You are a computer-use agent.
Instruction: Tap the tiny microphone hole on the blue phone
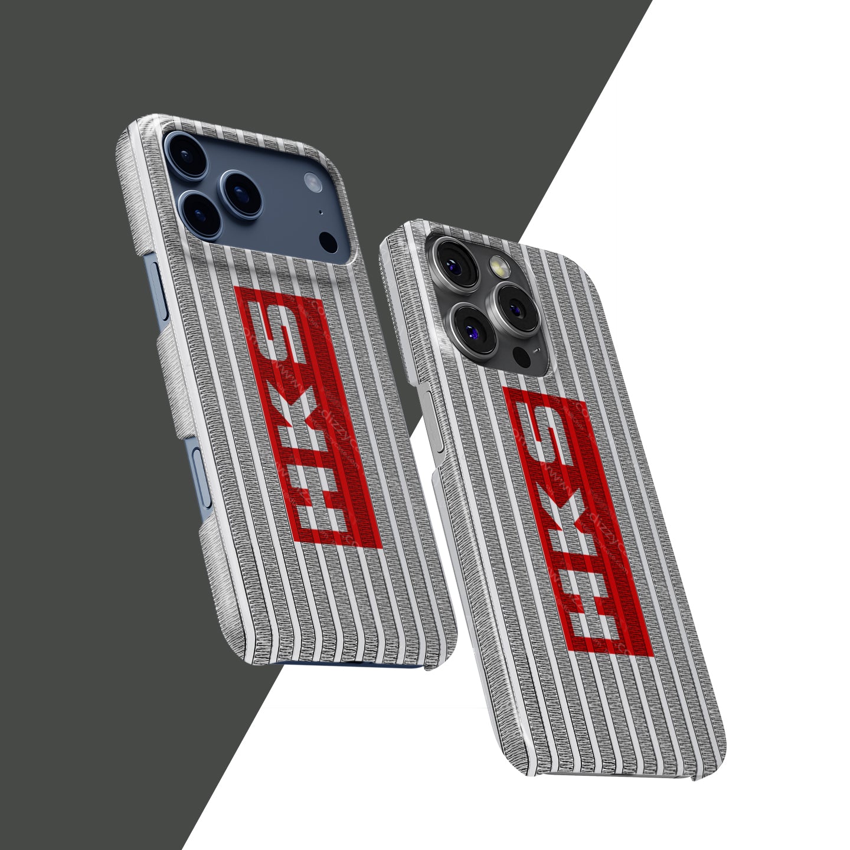pyautogui.click(x=320, y=212)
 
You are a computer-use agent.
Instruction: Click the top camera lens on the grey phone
pyautogui.click(x=453, y=254)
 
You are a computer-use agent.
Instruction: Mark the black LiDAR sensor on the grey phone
pyautogui.click(x=521, y=356)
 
